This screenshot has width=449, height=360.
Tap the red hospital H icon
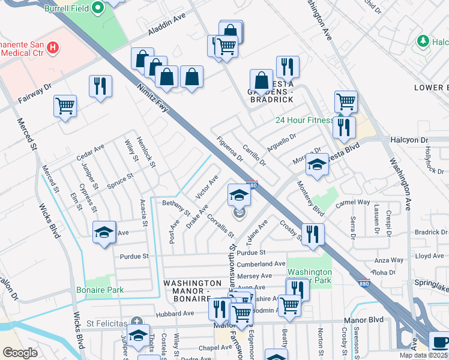pos(53,47)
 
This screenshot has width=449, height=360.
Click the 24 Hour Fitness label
pos(304,120)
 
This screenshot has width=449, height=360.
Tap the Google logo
pos(20,353)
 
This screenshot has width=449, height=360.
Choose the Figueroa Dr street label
pos(230,148)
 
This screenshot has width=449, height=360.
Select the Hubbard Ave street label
pos(175,313)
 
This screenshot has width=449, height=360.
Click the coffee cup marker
pos(439,342)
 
